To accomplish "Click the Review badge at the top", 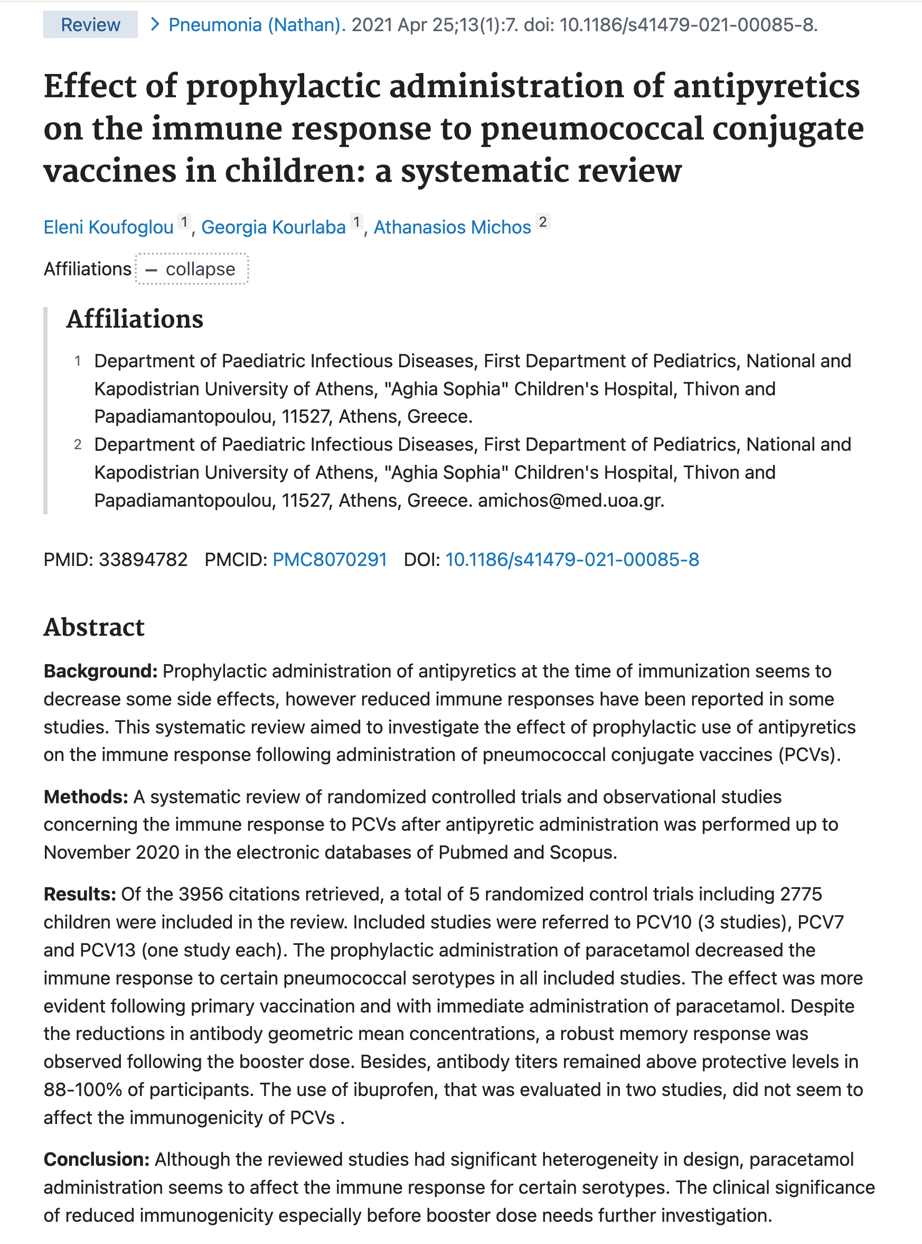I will point(90,25).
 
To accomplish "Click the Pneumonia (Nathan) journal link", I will point(256,25).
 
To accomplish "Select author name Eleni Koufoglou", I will point(108,227).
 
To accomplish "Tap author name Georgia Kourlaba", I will point(273,227).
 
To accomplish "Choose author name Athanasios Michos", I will point(451,227).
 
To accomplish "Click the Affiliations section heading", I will point(135,320).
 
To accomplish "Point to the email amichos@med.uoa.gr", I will point(570,500).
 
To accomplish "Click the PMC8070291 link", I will point(330,560).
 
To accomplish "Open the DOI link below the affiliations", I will point(571,560).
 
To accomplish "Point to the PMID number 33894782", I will point(143,560).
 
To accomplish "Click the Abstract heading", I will point(94,627).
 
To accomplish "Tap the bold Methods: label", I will point(86,797).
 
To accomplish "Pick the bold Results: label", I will point(79,894).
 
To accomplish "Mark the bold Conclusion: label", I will point(96,1159).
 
